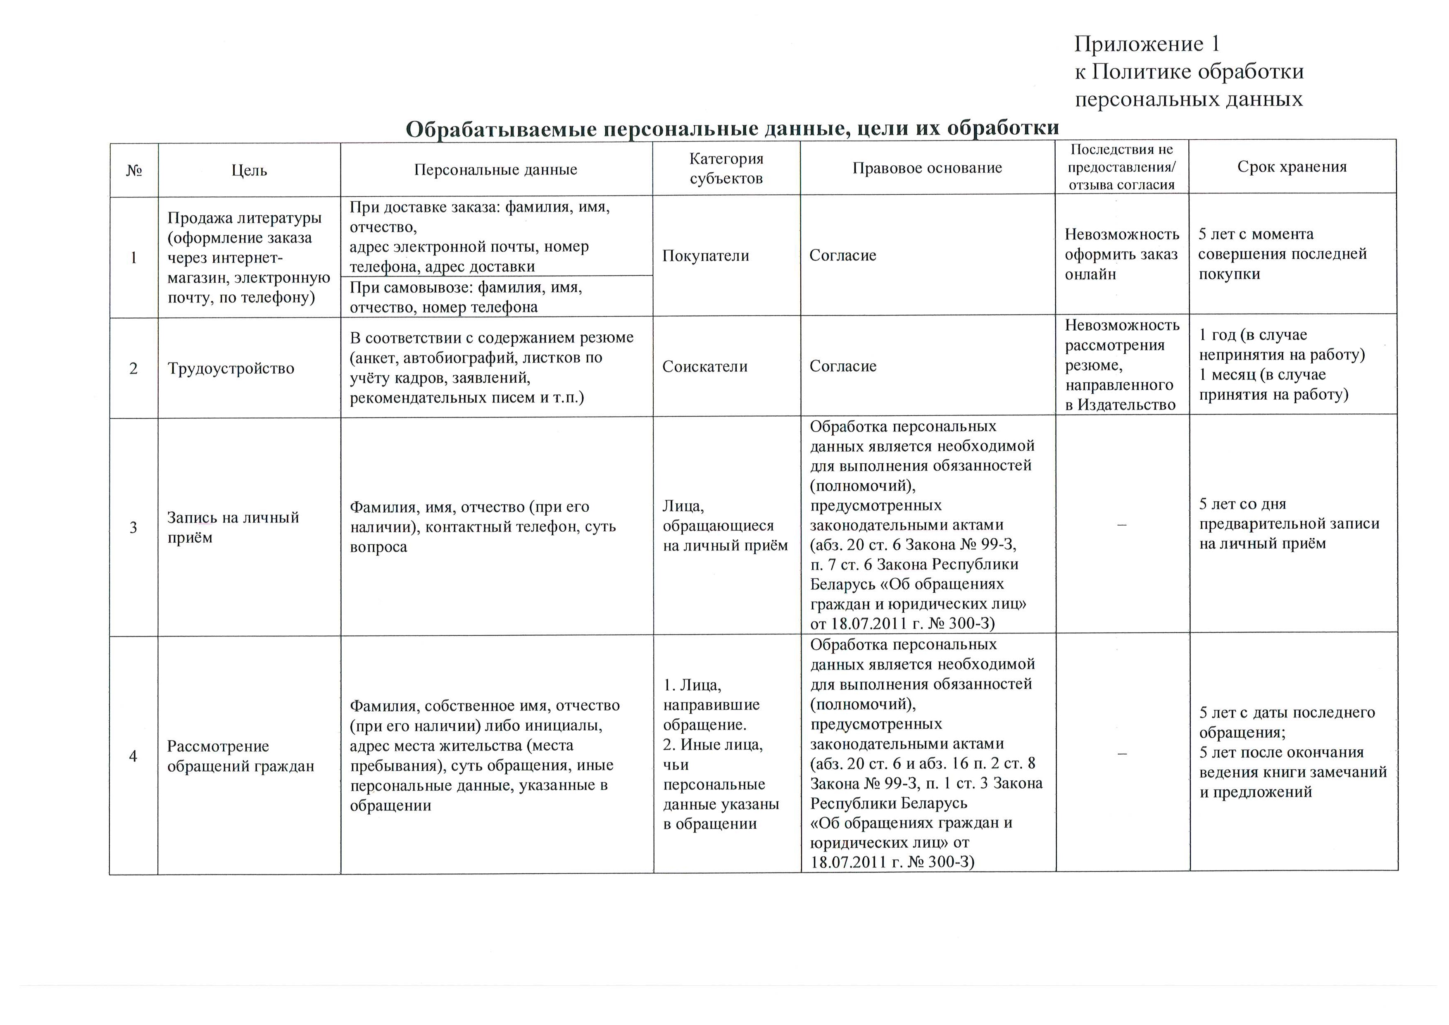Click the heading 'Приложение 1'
pyautogui.click(x=1147, y=44)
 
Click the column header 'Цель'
pyautogui.click(x=249, y=170)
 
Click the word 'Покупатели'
pyautogui.click(x=706, y=255)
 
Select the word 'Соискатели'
pyautogui.click(x=704, y=367)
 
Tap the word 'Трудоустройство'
pyautogui.click(x=231, y=369)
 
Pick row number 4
pyautogui.click(x=133, y=756)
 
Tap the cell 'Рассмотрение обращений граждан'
pyautogui.click(x=240, y=756)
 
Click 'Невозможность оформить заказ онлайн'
pyautogui.click(x=1121, y=254)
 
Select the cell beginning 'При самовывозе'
pyautogui.click(x=466, y=297)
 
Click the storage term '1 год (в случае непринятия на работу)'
pyautogui.click(x=1281, y=345)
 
